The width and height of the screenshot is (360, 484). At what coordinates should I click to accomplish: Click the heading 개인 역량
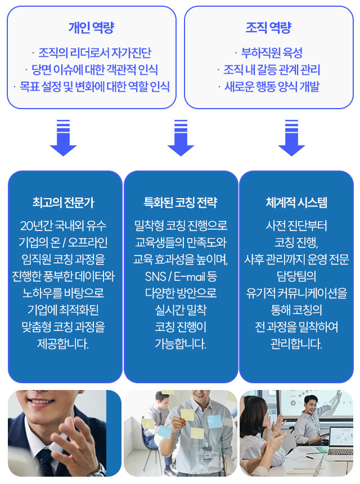91,28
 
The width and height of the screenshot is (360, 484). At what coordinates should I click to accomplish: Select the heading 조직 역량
268,28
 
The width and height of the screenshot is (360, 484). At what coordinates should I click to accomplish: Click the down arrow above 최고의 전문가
63,138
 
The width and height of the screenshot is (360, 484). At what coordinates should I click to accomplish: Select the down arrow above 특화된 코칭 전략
181,138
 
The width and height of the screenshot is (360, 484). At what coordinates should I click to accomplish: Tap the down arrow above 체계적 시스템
291,138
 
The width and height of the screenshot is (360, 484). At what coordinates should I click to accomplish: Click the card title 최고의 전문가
63,203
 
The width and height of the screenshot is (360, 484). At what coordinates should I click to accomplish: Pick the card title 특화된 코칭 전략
181,203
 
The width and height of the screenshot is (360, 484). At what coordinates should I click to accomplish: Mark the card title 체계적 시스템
296,203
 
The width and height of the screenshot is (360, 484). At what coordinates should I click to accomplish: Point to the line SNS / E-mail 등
181,276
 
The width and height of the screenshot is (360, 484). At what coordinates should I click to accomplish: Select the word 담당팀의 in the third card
296,276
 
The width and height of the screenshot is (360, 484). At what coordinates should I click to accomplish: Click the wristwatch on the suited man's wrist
98,470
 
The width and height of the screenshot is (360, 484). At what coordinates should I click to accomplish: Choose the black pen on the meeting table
310,457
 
